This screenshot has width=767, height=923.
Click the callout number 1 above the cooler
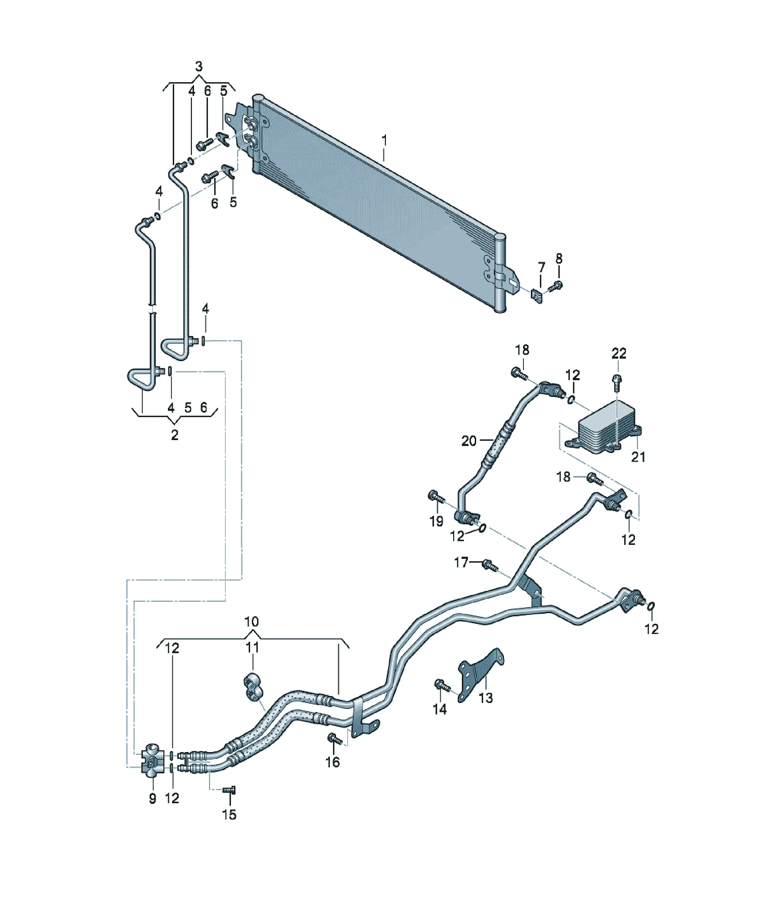click(385, 141)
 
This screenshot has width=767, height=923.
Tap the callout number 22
click(619, 353)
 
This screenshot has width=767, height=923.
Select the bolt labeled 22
click(617, 382)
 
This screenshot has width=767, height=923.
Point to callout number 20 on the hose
click(469, 441)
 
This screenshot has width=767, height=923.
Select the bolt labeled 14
click(442, 685)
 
